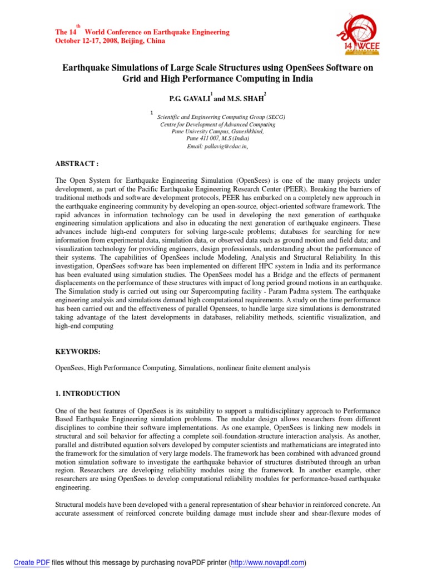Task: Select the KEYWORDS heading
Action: tap(78, 352)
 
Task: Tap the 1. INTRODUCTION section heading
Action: tap(87, 393)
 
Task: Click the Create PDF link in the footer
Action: tap(32, 562)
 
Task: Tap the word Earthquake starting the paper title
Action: tap(87, 68)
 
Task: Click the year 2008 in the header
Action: tap(100, 41)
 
